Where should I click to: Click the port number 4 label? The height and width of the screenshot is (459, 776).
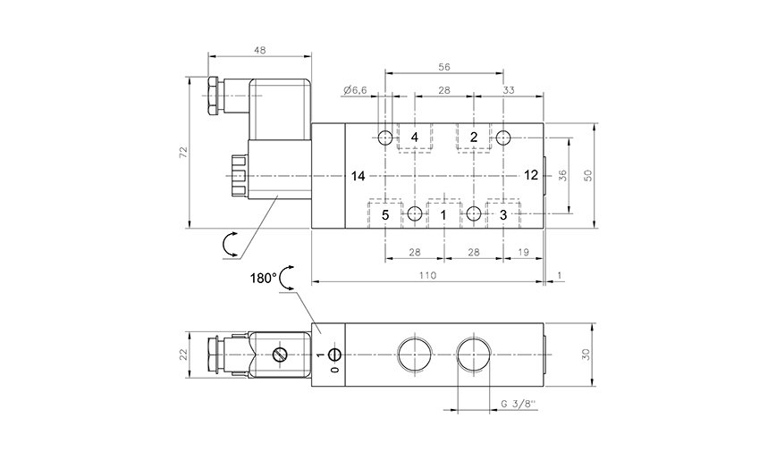pyautogui.click(x=414, y=138)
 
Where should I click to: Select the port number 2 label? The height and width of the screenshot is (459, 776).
pyautogui.click(x=474, y=138)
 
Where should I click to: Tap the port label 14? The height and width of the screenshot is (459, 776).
pyautogui.click(x=358, y=176)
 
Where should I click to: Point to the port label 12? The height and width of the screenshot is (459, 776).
pyautogui.click(x=530, y=175)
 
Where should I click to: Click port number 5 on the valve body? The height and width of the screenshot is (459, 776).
pyautogui.click(x=385, y=215)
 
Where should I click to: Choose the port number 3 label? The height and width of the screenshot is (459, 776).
pyautogui.click(x=503, y=215)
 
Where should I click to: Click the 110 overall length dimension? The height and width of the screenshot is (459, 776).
pyautogui.click(x=427, y=275)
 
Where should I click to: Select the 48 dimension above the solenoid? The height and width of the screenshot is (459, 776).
pyautogui.click(x=260, y=50)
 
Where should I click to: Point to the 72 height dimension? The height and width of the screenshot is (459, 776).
pyautogui.click(x=183, y=152)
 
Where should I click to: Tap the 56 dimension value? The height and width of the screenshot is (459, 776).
pyautogui.click(x=444, y=67)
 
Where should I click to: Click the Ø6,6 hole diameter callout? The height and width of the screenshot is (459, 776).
pyautogui.click(x=355, y=90)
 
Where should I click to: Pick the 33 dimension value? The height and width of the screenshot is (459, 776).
pyautogui.click(x=509, y=90)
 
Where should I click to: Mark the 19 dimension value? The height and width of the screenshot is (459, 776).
pyautogui.click(x=523, y=253)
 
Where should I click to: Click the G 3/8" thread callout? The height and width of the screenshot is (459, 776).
pyautogui.click(x=519, y=405)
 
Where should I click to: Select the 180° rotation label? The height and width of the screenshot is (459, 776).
pyautogui.click(x=263, y=279)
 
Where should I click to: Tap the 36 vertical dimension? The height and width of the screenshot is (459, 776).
pyautogui.click(x=562, y=175)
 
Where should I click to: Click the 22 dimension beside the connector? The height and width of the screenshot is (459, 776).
pyautogui.click(x=183, y=355)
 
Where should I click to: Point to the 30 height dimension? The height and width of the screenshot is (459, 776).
pyautogui.click(x=586, y=355)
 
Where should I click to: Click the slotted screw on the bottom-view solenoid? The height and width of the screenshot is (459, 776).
pyautogui.click(x=280, y=355)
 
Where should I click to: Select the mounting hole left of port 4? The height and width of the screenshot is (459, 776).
pyautogui.click(x=385, y=138)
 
